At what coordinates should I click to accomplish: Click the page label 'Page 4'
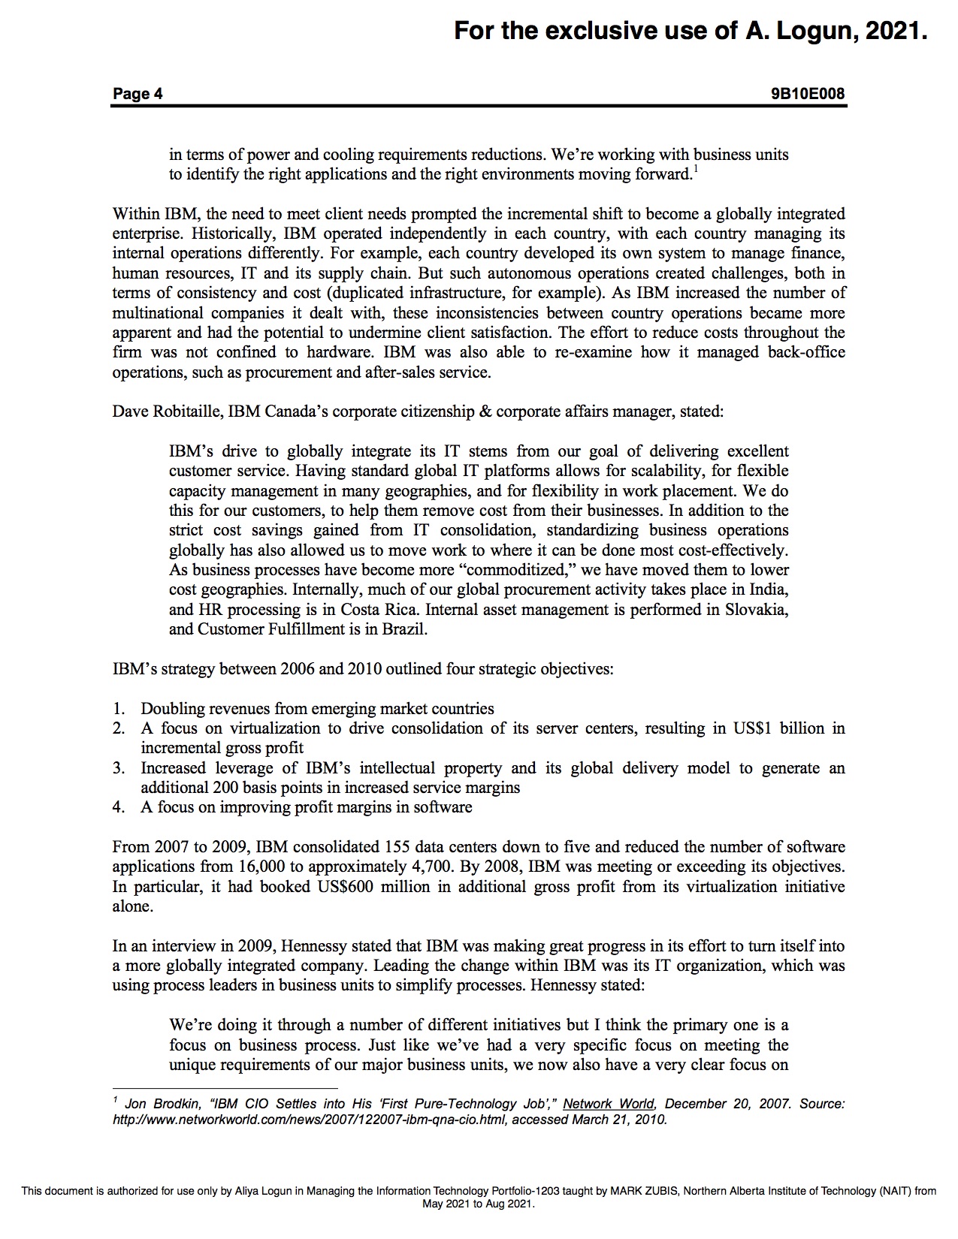(x=138, y=94)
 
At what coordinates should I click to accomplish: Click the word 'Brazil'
(x=404, y=629)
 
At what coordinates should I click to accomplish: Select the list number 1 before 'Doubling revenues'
(x=118, y=708)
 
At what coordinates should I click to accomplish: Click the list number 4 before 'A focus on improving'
(x=118, y=807)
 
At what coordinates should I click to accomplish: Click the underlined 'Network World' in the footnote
(x=609, y=1104)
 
